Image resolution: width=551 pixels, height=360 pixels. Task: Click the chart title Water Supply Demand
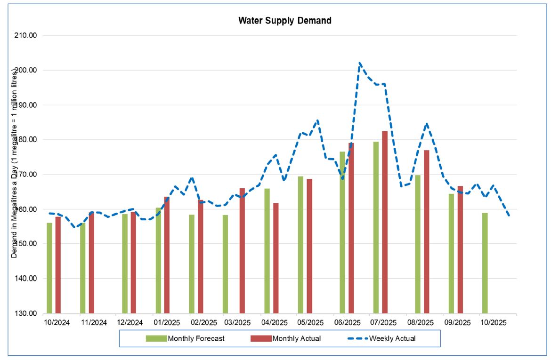pos(284,21)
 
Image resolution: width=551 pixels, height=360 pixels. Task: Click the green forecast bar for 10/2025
pos(485,263)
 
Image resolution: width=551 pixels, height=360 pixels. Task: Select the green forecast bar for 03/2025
pos(226,264)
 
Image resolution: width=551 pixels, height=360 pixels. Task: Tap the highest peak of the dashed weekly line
pos(360,63)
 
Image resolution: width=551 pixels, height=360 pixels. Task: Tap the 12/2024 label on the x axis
pos(130,323)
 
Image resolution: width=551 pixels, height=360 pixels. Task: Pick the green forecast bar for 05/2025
pos(300,245)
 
